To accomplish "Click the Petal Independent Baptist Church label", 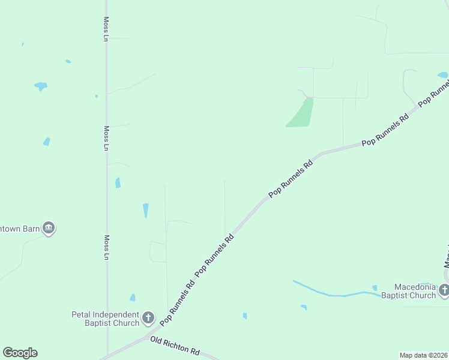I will [x=105, y=318].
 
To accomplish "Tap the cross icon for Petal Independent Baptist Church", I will [x=148, y=317].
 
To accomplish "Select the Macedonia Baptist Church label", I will [x=415, y=291].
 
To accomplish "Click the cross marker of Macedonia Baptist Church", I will [x=444, y=291].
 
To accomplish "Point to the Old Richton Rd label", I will [x=175, y=346].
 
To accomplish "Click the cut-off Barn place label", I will [x=19, y=228].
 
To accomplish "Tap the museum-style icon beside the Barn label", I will [x=49, y=228].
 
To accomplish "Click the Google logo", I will [x=20, y=353].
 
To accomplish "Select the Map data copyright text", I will [x=423, y=355].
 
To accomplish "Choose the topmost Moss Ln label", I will [x=106, y=29].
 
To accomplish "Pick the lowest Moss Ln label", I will [x=106, y=247].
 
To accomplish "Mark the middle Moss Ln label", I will [x=106, y=137].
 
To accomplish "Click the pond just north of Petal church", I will [x=133, y=298].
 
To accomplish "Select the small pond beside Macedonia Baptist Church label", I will [x=375, y=288].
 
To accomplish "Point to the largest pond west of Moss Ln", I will [x=41, y=86].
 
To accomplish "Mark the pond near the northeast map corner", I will [x=443, y=75].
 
